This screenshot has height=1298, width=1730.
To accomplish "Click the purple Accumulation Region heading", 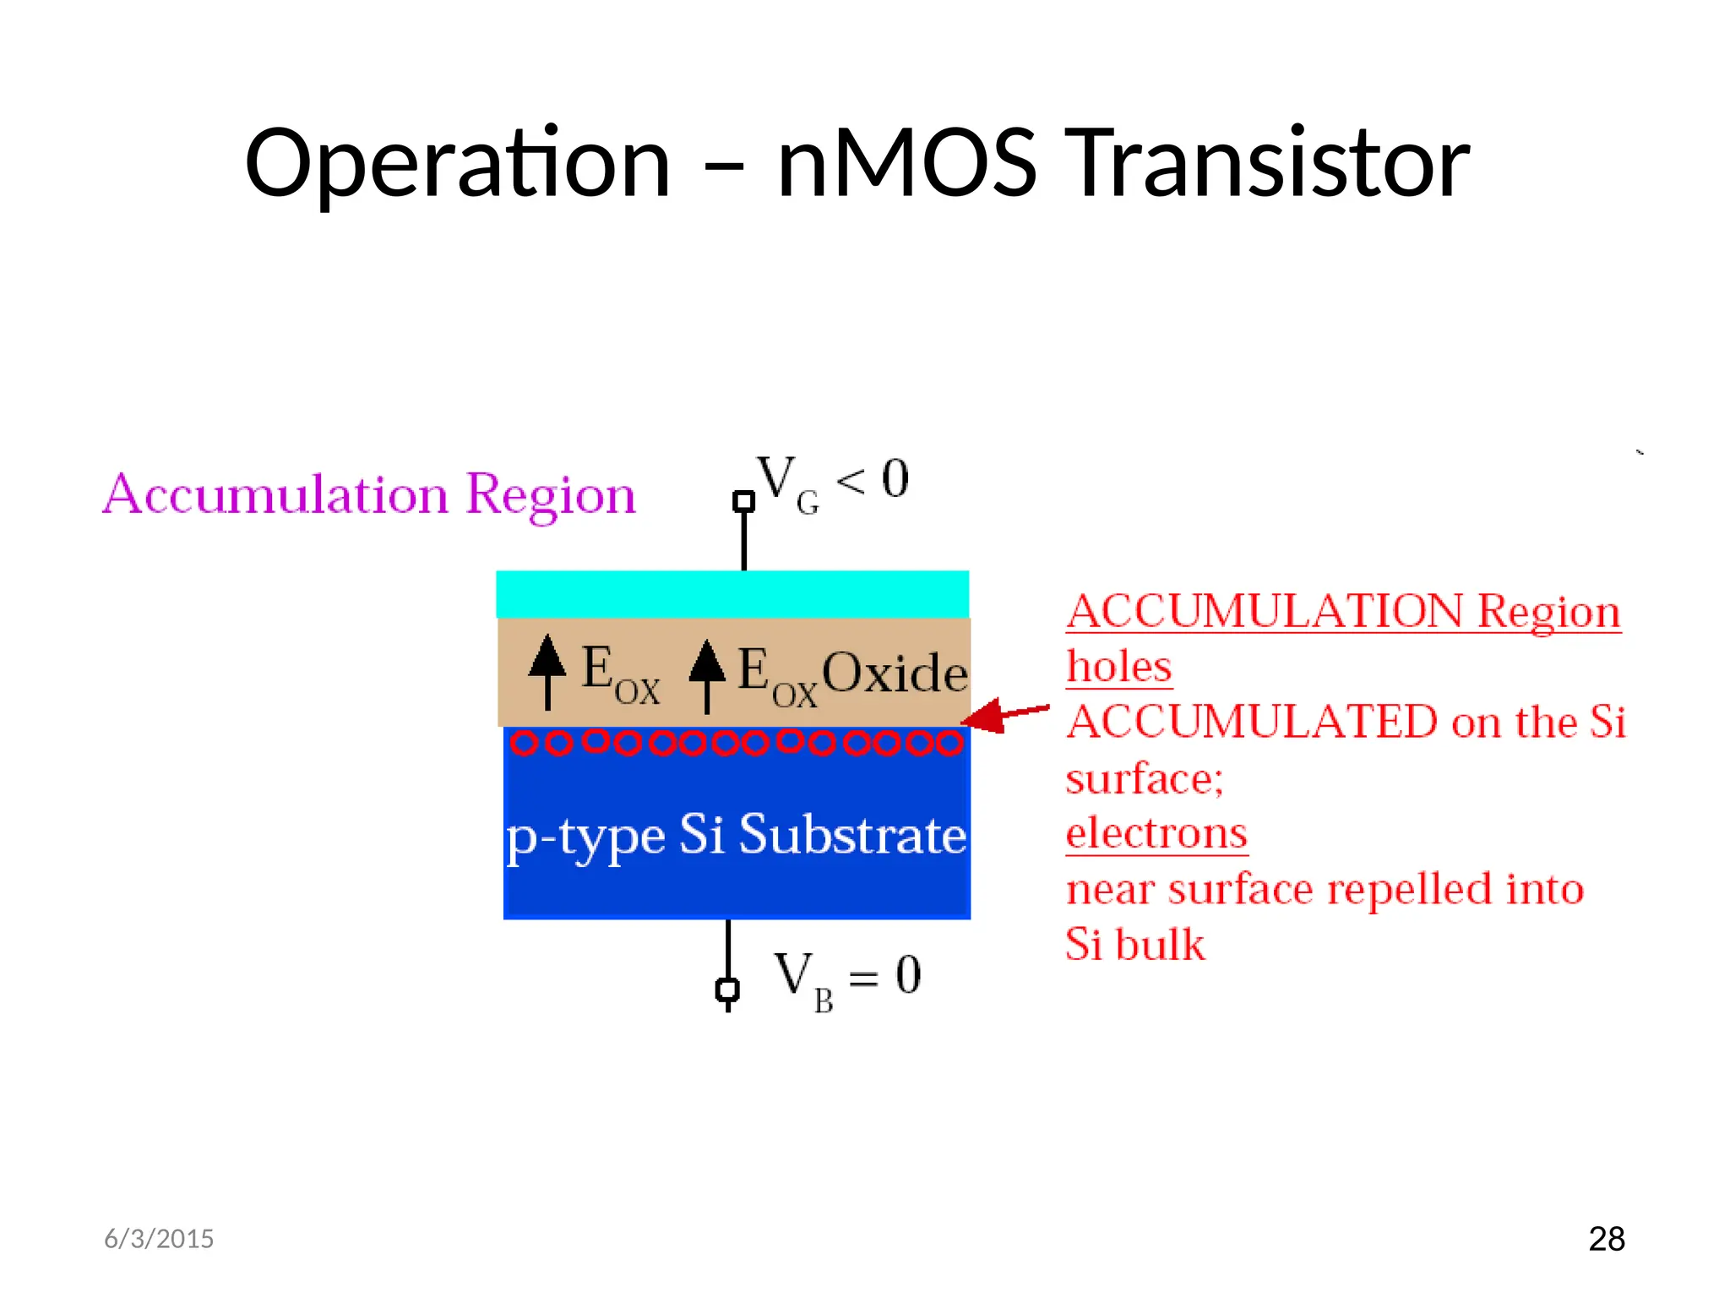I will (x=368, y=494).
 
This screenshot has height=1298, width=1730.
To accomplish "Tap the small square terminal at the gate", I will (x=743, y=501).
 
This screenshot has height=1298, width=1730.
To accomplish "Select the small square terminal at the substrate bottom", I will (x=727, y=990).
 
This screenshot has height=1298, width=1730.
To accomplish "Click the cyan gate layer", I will (x=732, y=594).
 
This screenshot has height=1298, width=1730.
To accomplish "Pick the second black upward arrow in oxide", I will (x=707, y=674).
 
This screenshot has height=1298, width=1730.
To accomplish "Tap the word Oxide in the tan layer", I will (x=895, y=674).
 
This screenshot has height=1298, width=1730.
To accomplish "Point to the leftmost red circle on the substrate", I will (x=524, y=743).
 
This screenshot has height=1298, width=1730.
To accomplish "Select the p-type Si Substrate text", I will (x=736, y=835).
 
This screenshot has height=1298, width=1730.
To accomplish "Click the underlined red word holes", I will (x=1118, y=667).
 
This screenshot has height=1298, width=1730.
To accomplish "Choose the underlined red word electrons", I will (x=1156, y=833).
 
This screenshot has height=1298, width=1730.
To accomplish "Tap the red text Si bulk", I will (x=1134, y=945).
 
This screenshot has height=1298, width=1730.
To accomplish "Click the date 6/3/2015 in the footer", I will (x=159, y=1239).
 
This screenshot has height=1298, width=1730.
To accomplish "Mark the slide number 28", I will (x=1606, y=1239).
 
